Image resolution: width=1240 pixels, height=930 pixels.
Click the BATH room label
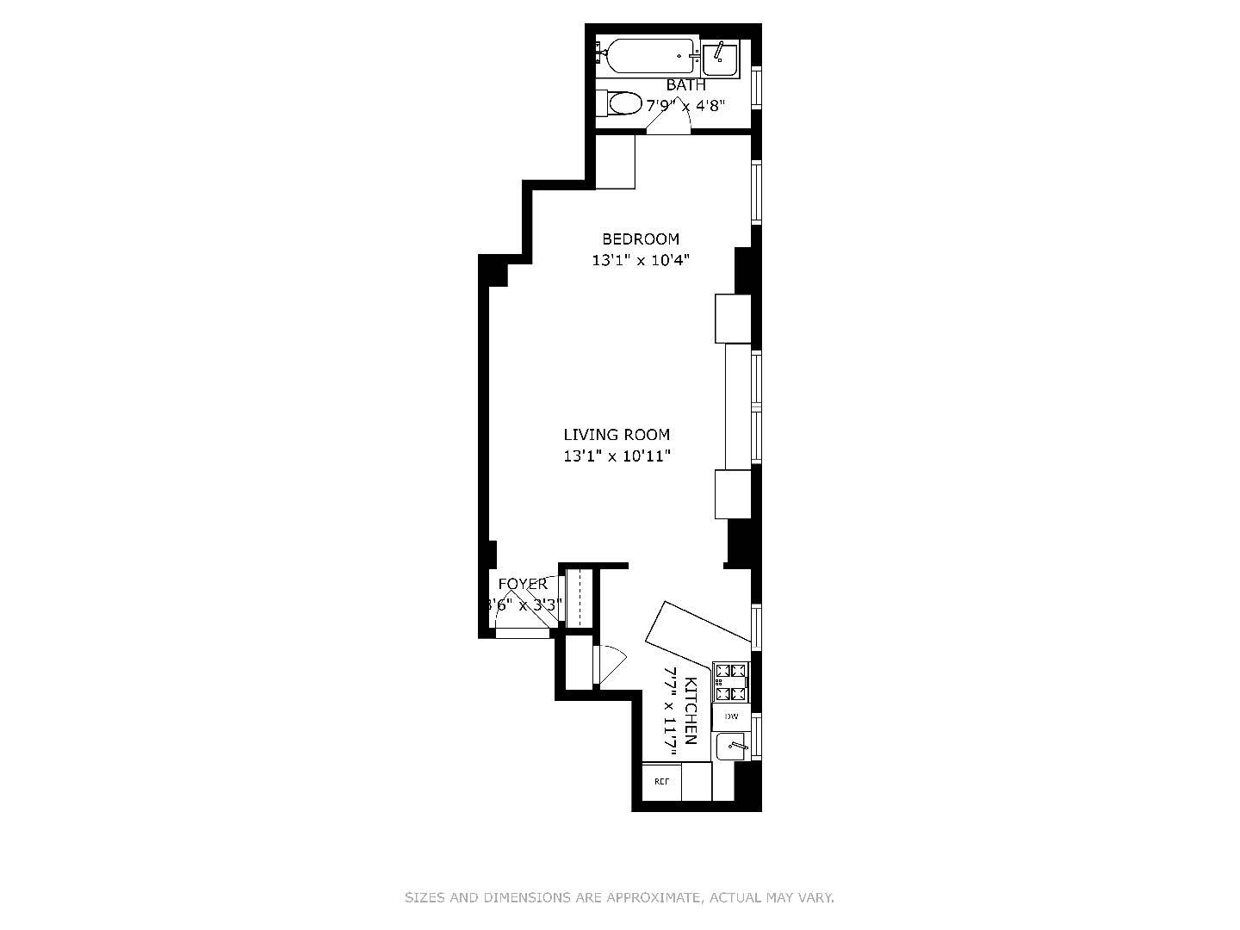(x=685, y=85)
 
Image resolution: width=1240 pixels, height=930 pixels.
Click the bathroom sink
(x=719, y=59)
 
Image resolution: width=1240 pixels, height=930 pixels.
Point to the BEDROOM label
(x=640, y=239)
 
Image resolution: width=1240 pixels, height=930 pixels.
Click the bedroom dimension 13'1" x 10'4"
(x=640, y=260)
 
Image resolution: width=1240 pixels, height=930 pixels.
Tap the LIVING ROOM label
(x=617, y=436)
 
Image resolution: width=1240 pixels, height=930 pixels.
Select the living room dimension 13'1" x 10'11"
(x=617, y=456)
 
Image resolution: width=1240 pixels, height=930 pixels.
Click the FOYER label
(x=523, y=585)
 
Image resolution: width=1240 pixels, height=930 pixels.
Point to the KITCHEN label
(x=690, y=711)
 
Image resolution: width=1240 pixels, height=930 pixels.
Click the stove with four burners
(x=730, y=681)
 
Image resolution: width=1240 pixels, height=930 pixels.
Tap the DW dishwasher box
(x=731, y=716)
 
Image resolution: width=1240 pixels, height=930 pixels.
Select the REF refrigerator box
(x=661, y=782)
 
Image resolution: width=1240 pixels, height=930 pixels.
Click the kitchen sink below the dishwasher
(x=732, y=746)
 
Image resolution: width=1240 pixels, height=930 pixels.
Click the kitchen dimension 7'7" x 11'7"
(x=669, y=711)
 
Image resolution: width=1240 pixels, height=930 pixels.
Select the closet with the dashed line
(x=580, y=598)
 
